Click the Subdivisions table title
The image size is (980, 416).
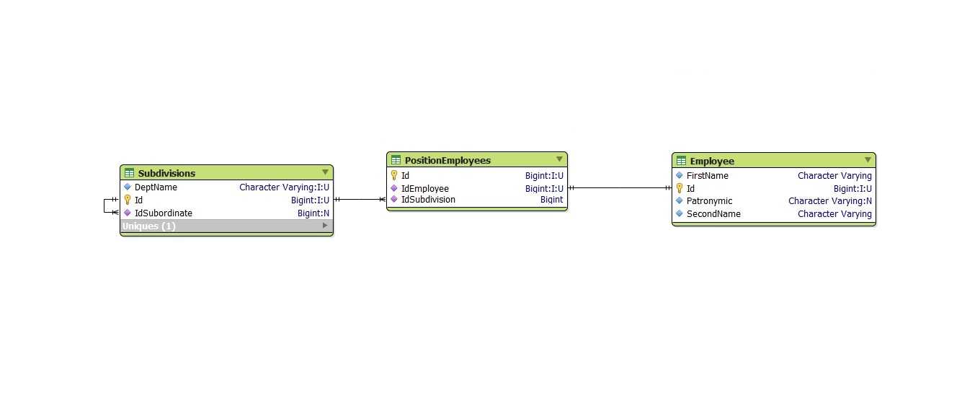(166, 174)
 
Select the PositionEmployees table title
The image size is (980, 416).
(447, 161)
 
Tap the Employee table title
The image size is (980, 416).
(712, 161)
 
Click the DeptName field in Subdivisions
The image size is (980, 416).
(156, 187)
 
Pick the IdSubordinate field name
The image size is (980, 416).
(163, 213)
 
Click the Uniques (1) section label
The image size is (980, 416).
(148, 226)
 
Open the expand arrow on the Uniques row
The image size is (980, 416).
(325, 226)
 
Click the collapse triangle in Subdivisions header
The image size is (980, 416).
(325, 172)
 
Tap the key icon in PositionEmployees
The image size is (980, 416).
(393, 175)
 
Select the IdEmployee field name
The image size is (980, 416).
(425, 189)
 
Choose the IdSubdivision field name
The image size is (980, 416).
(428, 200)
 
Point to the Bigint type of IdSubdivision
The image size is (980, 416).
(552, 200)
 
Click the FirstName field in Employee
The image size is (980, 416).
(708, 176)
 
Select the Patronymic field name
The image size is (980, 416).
(709, 201)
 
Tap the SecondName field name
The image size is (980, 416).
(713, 214)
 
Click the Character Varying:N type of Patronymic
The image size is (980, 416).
(830, 201)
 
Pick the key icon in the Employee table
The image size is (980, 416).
(680, 188)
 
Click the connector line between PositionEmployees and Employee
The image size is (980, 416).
(620, 188)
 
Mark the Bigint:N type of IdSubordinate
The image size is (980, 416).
(313, 213)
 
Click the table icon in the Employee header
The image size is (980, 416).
(681, 161)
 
